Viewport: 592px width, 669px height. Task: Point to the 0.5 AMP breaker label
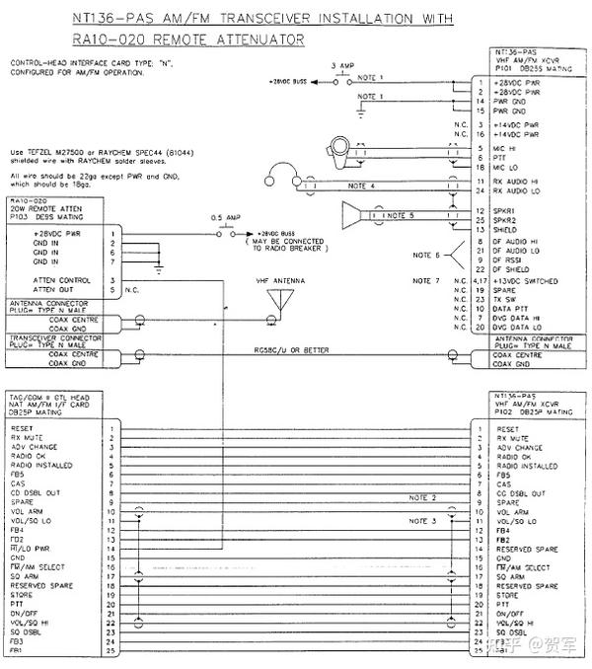coord(224,218)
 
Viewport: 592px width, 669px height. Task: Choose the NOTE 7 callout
coord(425,281)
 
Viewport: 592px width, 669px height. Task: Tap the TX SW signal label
coord(506,299)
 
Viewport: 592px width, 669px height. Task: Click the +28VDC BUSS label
coord(290,82)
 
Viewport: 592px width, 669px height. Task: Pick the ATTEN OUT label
coord(34,290)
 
